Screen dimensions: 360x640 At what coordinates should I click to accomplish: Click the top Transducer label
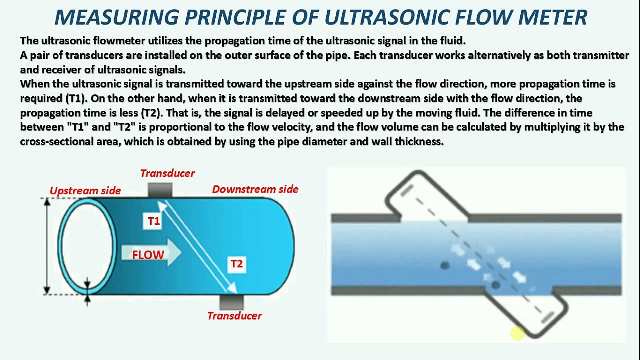167,173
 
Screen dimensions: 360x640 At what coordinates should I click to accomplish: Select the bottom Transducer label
234,316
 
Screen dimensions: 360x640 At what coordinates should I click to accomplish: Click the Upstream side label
85,190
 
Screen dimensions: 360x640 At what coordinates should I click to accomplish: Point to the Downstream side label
255,189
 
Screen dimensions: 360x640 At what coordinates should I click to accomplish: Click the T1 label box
154,221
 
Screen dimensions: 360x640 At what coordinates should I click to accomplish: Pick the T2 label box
236,264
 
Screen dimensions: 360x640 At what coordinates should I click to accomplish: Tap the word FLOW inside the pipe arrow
148,255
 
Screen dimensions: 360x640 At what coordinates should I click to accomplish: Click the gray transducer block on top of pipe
160,190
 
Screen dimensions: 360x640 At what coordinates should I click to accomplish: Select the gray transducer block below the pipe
231,302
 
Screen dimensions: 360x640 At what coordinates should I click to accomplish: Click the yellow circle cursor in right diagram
517,333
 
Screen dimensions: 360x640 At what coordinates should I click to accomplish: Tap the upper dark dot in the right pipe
445,265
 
